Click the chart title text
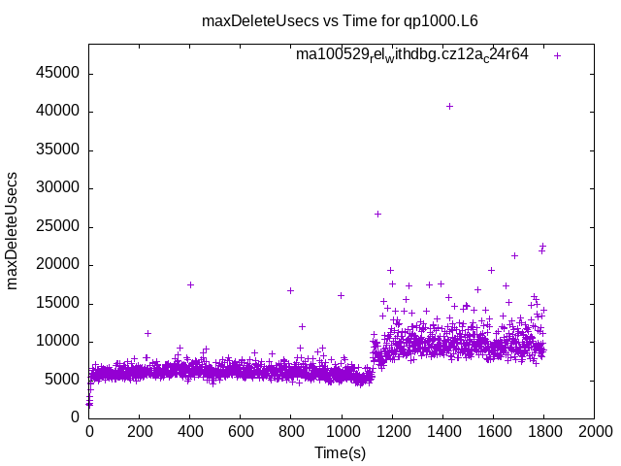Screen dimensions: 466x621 tap(340, 20)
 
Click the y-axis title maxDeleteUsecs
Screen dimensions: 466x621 tap(14, 230)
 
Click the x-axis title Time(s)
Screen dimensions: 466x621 tap(341, 452)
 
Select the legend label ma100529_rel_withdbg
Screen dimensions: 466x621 tap(412, 55)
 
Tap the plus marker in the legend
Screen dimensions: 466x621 tap(557, 55)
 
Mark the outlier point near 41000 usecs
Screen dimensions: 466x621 tap(449, 106)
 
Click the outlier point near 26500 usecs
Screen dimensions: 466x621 tap(377, 214)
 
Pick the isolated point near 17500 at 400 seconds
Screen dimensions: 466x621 tap(190, 284)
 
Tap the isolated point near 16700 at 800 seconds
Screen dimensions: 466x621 tap(290, 290)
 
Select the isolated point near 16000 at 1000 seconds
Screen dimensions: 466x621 tap(341, 295)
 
